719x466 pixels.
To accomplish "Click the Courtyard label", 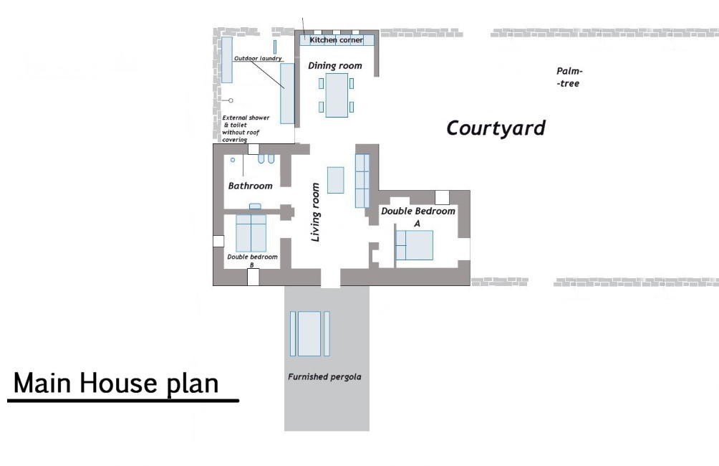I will tap(496, 128).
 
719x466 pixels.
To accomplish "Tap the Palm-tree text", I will tap(569, 77).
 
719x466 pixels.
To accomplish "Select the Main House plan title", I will tap(117, 384).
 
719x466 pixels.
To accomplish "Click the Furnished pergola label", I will tap(324, 376).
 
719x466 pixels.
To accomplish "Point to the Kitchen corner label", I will tap(336, 40).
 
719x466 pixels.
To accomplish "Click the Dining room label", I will tap(334, 66).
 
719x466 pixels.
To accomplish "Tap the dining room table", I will tap(336, 95).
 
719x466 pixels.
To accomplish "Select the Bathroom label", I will tap(250, 186).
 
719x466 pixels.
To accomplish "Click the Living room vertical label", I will tap(315, 212).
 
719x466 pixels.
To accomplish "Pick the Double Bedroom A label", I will tap(418, 217).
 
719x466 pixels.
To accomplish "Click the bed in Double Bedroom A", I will tap(415, 245).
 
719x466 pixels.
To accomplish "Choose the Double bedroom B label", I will tap(252, 260).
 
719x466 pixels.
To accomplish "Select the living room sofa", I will tap(362, 180).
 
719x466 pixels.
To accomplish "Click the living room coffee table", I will tap(335, 180).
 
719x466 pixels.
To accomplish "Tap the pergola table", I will tap(309, 333).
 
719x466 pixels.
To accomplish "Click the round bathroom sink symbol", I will tap(233, 160).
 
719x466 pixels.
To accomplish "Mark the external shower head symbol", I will tap(231, 100).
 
